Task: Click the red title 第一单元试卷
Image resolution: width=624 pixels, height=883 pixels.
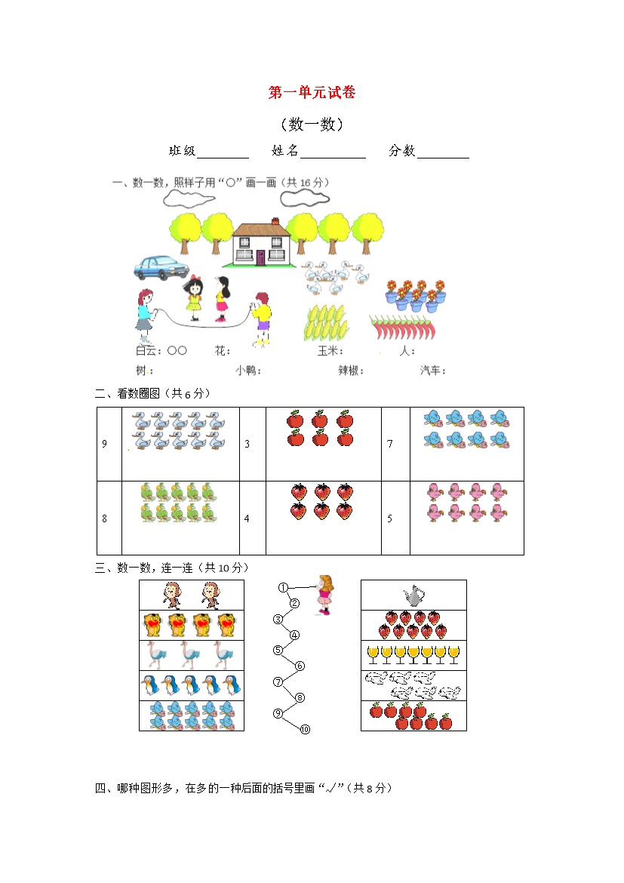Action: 312,92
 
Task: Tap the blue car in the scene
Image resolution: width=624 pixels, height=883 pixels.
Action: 161,267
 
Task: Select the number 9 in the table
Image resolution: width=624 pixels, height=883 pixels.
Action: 104,444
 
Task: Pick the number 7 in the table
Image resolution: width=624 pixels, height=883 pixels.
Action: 390,444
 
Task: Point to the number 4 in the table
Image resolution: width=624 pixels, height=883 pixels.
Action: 247,518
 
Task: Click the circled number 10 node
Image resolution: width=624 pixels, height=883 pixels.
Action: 306,729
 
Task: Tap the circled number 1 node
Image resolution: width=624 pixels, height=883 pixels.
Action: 283,587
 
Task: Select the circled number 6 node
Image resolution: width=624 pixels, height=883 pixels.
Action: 300,666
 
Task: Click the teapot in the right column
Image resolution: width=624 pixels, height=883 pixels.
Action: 413,595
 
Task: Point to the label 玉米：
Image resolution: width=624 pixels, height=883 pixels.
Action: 330,351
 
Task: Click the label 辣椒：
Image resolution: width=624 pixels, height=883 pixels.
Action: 351,370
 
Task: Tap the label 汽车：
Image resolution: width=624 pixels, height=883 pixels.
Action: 432,370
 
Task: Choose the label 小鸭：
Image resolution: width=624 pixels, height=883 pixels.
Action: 248,370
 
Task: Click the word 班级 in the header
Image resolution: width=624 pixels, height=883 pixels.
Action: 182,150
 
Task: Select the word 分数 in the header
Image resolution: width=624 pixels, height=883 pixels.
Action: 401,150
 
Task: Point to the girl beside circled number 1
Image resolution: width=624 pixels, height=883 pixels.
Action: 324,595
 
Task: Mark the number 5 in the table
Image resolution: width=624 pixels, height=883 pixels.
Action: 390,518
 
